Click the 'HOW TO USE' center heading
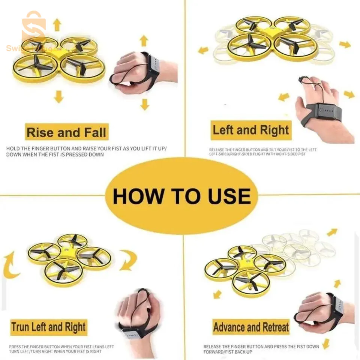(x=182, y=196)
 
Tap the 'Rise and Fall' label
(x=67, y=132)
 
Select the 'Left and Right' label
(x=251, y=130)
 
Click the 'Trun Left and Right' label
(x=49, y=327)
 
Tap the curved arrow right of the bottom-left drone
(x=129, y=260)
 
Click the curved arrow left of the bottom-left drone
(x=10, y=266)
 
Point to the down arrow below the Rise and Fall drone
(x=58, y=97)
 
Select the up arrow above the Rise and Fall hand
(x=144, y=40)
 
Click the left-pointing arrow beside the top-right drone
(x=203, y=50)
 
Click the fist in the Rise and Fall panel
(x=129, y=71)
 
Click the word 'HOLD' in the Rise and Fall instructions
(x=12, y=149)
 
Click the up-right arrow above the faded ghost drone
(x=332, y=232)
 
